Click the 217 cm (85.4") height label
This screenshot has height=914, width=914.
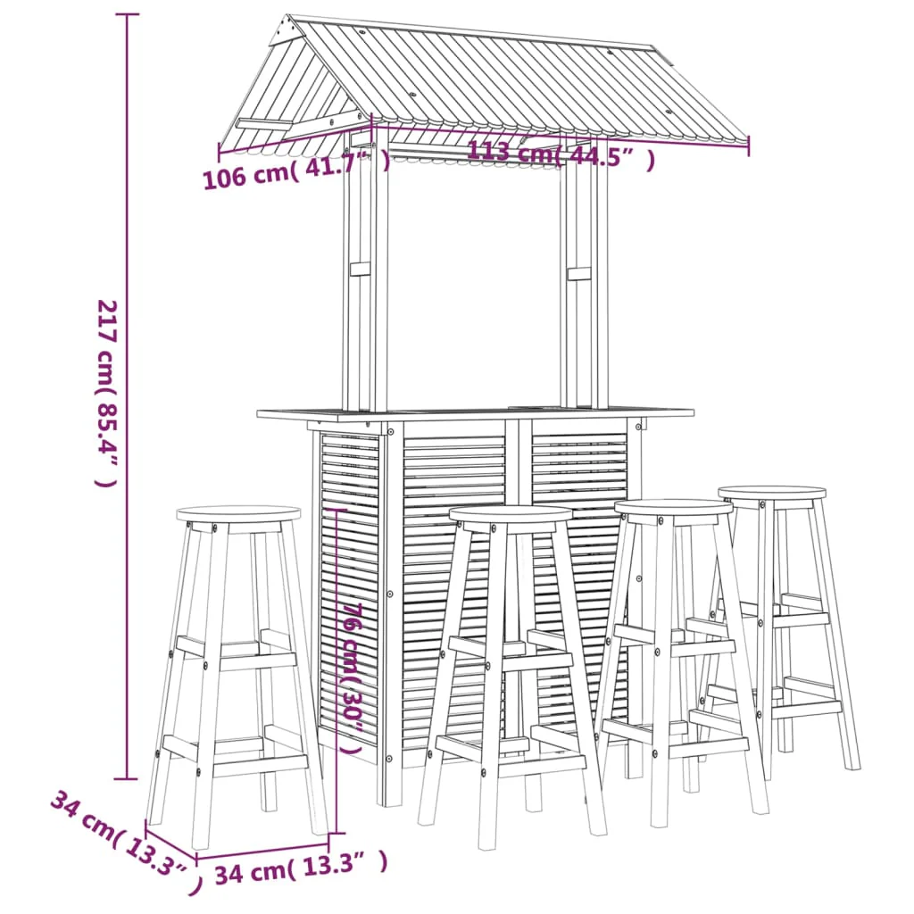(107, 393)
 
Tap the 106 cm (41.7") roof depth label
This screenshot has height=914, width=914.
(296, 170)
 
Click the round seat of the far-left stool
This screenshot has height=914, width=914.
(238, 513)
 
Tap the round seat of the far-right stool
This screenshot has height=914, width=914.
(772, 493)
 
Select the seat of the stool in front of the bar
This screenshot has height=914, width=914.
(511, 514)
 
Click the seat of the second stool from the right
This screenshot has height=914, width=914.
(673, 507)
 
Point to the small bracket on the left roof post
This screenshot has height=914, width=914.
(360, 270)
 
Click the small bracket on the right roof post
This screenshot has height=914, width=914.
(578, 273)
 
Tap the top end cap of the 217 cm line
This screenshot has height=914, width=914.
(127, 14)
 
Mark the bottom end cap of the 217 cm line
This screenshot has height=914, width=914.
(127, 778)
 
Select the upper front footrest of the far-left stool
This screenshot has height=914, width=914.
(257, 661)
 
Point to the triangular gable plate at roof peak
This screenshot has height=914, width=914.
(283, 31)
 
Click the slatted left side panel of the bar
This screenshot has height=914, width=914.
(349, 589)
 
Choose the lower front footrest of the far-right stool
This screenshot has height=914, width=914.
(807, 709)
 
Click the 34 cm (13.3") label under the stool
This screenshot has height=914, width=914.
(301, 867)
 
